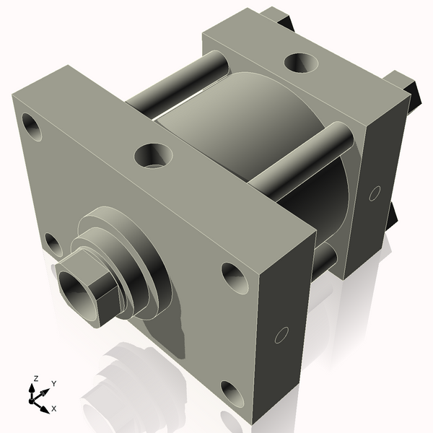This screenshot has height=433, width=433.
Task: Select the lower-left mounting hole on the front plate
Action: pos(53,243)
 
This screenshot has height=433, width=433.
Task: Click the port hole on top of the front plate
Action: pos(154,154)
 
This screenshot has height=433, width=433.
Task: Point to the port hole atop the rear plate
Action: pos(299,64)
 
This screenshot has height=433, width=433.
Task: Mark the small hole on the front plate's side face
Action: pos(282,335)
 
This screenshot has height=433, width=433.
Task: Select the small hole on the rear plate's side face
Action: pos(374,193)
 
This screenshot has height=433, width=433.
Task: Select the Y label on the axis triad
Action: pos(54,384)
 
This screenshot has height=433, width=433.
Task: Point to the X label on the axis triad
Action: pos(54,408)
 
